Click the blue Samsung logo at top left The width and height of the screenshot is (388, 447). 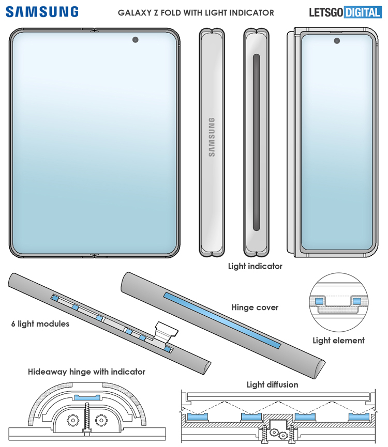click(x=42, y=12)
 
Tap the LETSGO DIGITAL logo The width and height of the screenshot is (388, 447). click(x=345, y=12)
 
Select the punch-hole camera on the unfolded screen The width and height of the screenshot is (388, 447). click(x=135, y=40)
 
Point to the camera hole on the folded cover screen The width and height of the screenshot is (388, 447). click(x=337, y=41)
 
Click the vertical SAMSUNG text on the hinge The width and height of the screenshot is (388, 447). click(x=212, y=137)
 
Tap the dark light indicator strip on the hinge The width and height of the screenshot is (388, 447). click(x=257, y=142)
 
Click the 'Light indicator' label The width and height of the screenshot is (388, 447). click(x=255, y=266)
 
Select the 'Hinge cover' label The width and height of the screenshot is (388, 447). click(x=255, y=307)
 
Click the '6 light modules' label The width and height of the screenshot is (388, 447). click(x=40, y=324)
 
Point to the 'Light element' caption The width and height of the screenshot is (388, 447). click(x=339, y=341)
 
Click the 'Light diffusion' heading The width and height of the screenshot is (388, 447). click(x=273, y=385)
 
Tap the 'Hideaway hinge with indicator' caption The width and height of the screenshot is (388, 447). click(x=86, y=372)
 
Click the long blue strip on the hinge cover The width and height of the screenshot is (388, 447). click(x=222, y=320)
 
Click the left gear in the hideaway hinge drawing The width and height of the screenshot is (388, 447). click(x=73, y=420)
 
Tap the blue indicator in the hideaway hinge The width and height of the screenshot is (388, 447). click(x=87, y=397)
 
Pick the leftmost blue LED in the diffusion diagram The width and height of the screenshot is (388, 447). click(x=197, y=417)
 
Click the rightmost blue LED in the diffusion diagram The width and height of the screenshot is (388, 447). click(x=359, y=417)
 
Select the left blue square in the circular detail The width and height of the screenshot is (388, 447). click(x=319, y=301)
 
